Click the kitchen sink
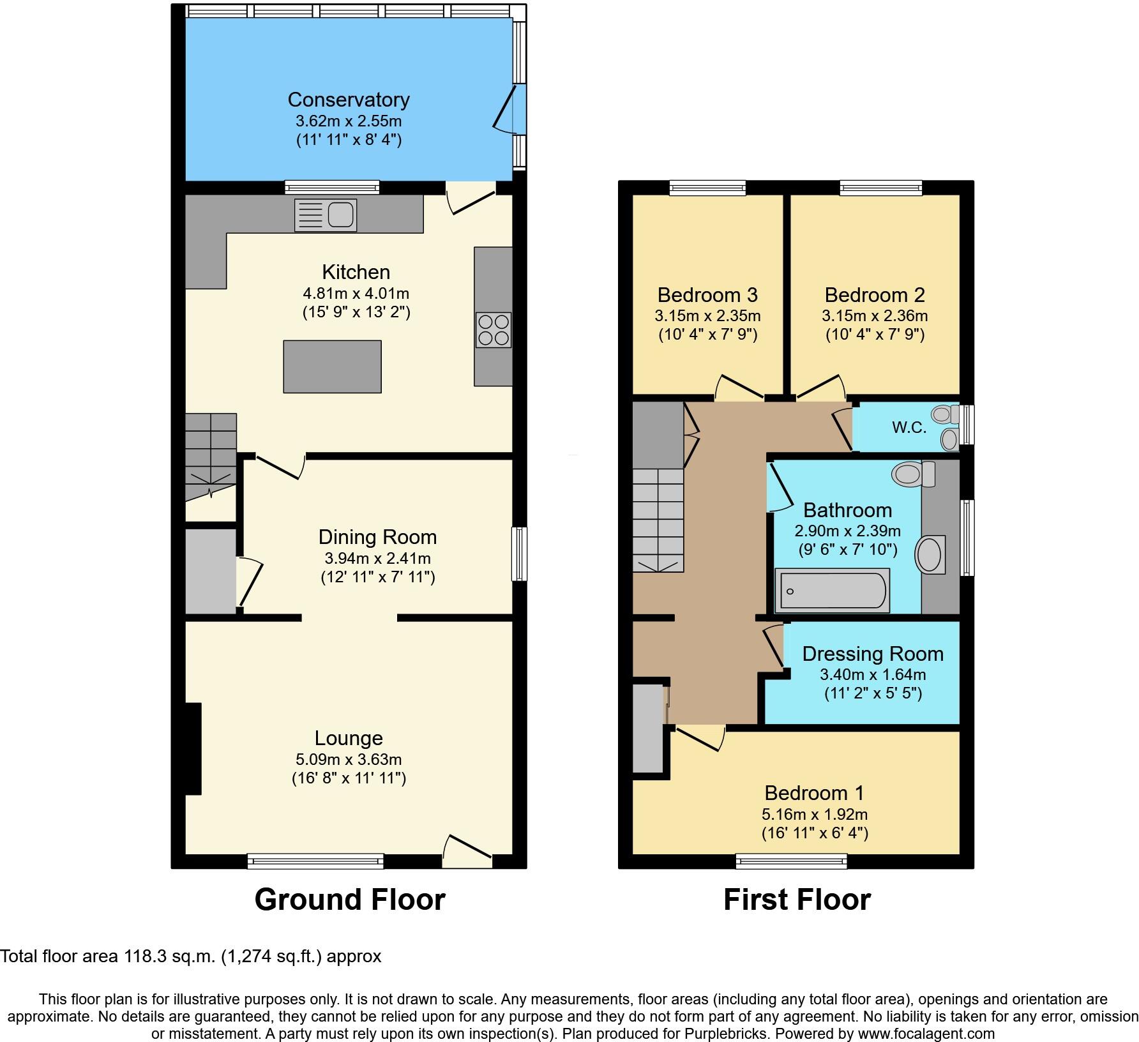coord(326,215)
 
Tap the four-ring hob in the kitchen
coord(493,330)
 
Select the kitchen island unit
coord(332,366)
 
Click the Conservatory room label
coord(349,100)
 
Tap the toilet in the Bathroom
coord(913,474)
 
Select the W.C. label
coord(909,428)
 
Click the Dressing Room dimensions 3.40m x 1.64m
coord(873,675)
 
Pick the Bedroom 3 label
coord(707,295)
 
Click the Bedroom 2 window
coord(881,188)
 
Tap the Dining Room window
coord(521,554)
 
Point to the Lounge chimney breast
coord(193,749)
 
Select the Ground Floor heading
coord(350,900)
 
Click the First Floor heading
coord(797,900)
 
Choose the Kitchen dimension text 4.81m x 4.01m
coord(356,294)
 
